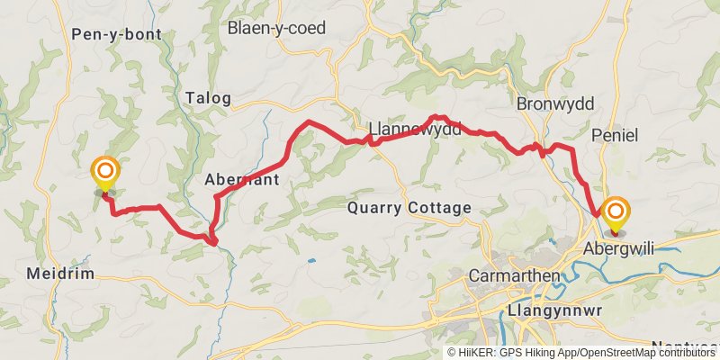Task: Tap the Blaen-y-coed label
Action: coord(276,28)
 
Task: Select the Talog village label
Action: coord(208,98)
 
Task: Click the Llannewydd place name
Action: coord(415,129)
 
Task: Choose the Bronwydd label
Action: coord(555,104)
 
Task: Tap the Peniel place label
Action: coord(616,135)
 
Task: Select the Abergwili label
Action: coord(617,247)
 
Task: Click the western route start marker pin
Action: coord(105,170)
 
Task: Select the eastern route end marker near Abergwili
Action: coord(616,212)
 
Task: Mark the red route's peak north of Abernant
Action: coord(309,121)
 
